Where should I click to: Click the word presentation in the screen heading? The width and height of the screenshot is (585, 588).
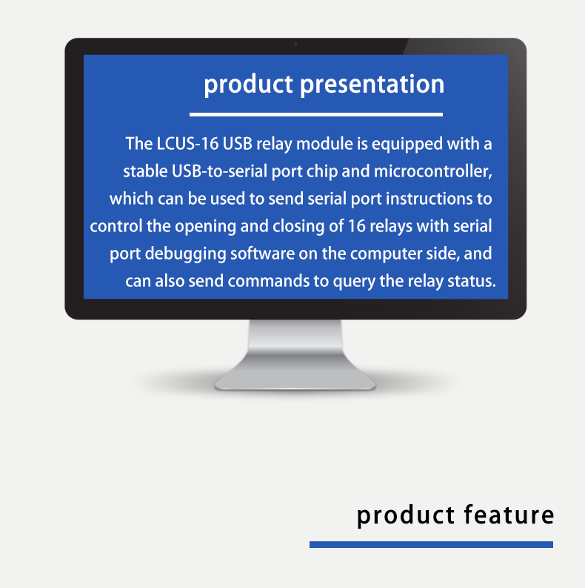click(372, 85)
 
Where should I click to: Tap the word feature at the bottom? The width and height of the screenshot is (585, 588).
click(509, 515)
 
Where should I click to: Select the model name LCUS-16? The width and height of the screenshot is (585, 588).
click(187, 144)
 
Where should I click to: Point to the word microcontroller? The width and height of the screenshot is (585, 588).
click(433, 172)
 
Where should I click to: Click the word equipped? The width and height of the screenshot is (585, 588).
click(407, 145)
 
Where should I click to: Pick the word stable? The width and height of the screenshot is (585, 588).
click(145, 171)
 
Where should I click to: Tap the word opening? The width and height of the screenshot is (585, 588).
click(205, 227)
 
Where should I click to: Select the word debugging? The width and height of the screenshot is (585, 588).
click(186, 254)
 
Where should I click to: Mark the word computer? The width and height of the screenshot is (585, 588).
click(386, 254)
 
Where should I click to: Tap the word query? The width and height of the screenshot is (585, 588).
click(354, 282)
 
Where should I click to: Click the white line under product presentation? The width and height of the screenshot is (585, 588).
click(316, 114)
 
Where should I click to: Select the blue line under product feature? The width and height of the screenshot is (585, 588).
click(431, 544)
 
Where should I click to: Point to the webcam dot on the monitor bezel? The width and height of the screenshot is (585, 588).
click(295, 44)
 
